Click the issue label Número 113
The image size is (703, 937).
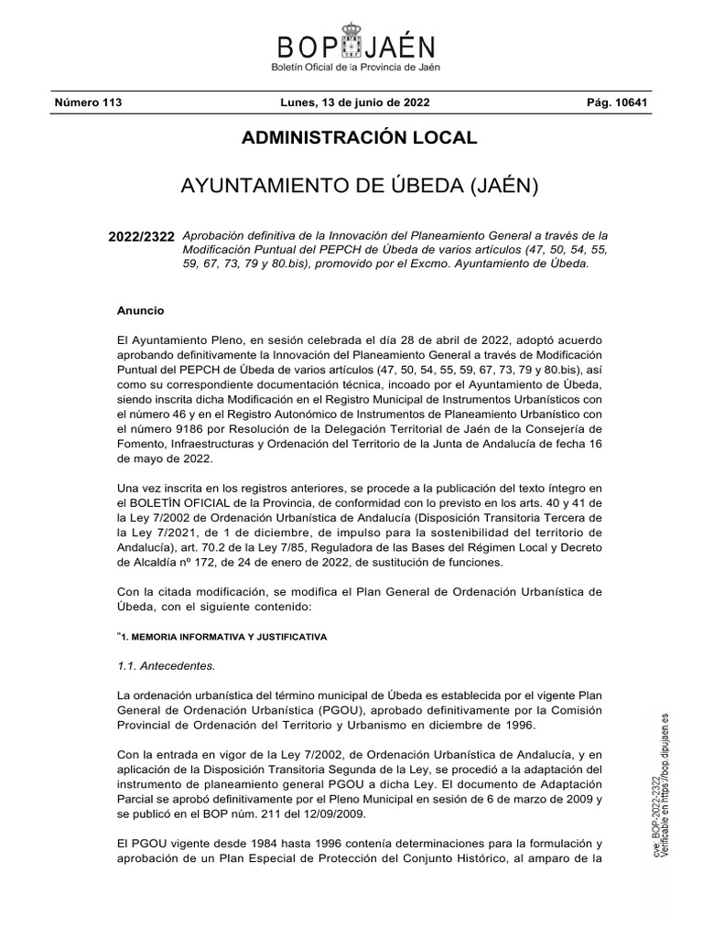(88, 102)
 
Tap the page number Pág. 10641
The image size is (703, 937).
(617, 102)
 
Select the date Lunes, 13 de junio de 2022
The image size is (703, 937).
(353, 102)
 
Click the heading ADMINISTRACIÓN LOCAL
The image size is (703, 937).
(359, 138)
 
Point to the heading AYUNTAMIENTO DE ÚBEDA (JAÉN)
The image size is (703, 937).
(359, 188)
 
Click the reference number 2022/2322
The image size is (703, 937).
(141, 236)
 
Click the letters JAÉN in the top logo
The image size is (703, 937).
(397, 48)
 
